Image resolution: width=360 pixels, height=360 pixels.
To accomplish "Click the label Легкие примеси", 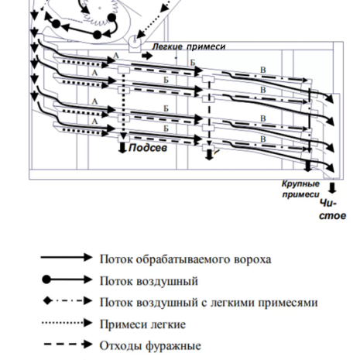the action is pyautogui.click(x=189, y=46).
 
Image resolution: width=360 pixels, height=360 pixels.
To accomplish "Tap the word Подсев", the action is pyautogui.click(x=148, y=148).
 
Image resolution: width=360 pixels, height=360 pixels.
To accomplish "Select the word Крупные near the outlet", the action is pyautogui.click(x=300, y=184).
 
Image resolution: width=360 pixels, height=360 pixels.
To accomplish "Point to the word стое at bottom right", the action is pyautogui.click(x=332, y=216).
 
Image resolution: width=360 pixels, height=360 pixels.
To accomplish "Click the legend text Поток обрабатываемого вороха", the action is pyautogui.click(x=185, y=259).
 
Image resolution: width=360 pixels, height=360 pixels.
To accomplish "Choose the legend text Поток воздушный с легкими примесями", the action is pyautogui.click(x=208, y=303).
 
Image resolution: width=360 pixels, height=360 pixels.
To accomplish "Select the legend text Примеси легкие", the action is pyautogui.click(x=142, y=324).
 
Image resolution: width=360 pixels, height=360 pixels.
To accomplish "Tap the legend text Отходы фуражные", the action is pyautogui.click(x=150, y=346).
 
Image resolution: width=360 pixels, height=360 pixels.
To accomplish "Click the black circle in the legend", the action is pyautogui.click(x=46, y=279).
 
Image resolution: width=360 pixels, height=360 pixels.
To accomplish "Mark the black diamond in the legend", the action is pyautogui.click(x=47, y=301).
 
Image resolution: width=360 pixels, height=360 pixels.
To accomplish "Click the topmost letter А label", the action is pyautogui.click(x=116, y=56).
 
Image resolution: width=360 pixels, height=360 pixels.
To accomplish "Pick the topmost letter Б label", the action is pyautogui.click(x=193, y=63).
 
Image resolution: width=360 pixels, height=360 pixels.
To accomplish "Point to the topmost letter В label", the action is pyautogui.click(x=263, y=70).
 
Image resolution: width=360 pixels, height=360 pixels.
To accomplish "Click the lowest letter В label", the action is pyautogui.click(x=263, y=139).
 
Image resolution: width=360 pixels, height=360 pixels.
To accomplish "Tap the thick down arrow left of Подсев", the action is pyautogui.click(x=122, y=148).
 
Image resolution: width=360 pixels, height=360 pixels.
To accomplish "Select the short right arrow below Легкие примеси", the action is pyautogui.click(x=147, y=56).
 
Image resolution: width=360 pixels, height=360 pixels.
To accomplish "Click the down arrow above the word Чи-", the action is pyautogui.click(x=332, y=188).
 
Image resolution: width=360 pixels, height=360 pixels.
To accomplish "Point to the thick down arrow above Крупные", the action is pyautogui.click(x=307, y=166).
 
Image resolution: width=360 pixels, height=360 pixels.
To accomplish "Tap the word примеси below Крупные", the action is pyautogui.click(x=300, y=194).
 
